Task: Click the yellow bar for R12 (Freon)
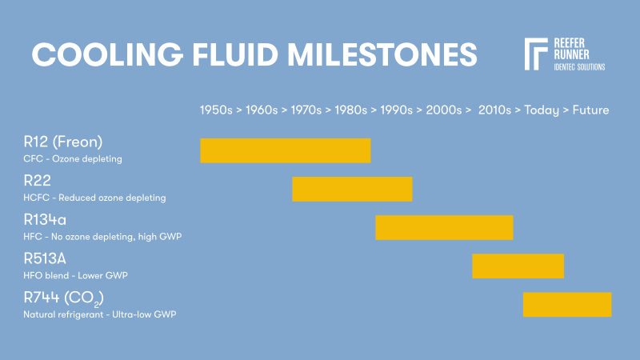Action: tap(285, 150)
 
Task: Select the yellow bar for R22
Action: tap(352, 189)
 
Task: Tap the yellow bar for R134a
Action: tap(444, 227)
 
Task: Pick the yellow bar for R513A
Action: tap(518, 266)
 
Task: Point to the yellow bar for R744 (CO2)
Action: tap(567, 304)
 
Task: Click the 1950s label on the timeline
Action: tap(217, 110)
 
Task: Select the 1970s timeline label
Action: tap(306, 110)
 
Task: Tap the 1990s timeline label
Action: tap(397, 110)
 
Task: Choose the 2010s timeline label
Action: tap(494, 110)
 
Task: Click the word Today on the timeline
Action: tap(542, 110)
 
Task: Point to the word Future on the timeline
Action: tap(590, 110)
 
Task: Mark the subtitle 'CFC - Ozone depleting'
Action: tap(73, 158)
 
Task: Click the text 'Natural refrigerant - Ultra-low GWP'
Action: tap(100, 314)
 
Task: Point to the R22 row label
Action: tap(37, 181)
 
